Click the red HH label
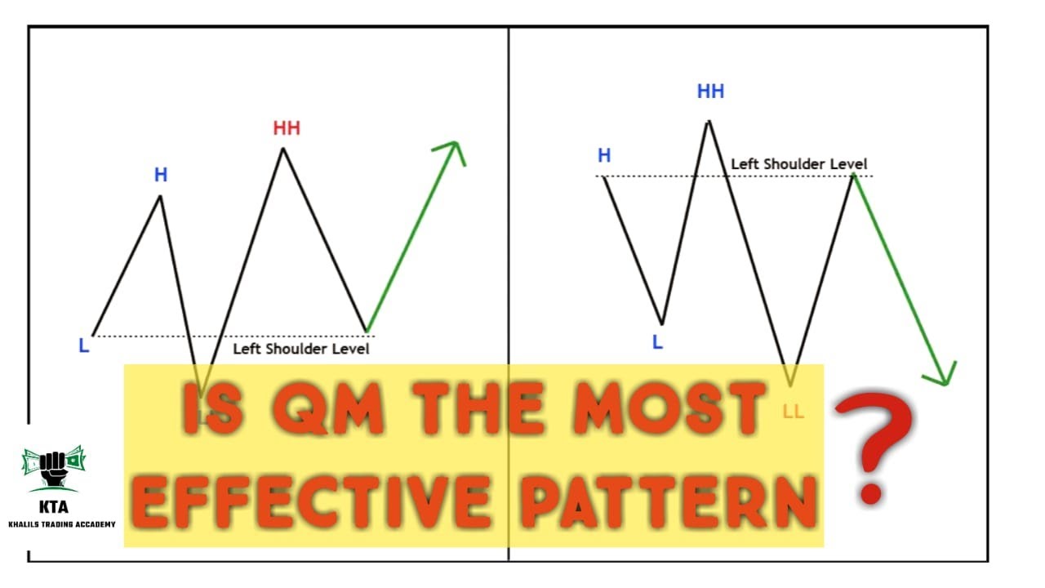(x=287, y=128)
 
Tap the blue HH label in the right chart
(x=710, y=91)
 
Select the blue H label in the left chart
(x=161, y=175)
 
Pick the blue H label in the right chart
(x=604, y=156)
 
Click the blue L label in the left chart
(x=83, y=346)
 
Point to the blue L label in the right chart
(x=657, y=343)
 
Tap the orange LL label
(x=793, y=412)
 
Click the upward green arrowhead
(x=451, y=150)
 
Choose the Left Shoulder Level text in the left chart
(x=301, y=349)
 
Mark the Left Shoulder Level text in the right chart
(x=798, y=164)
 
